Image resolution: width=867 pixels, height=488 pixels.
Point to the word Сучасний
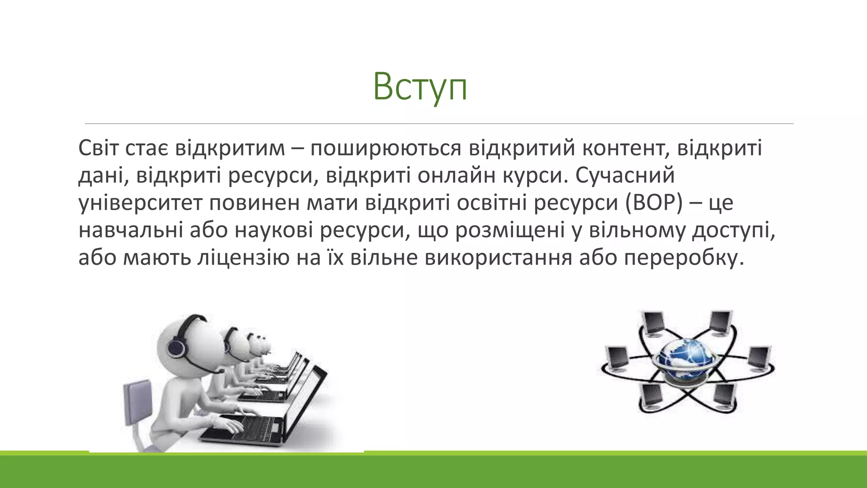[x=624, y=175]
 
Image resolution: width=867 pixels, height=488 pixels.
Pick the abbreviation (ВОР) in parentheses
[x=654, y=203]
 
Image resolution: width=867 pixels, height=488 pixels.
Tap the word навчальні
[x=131, y=230]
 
